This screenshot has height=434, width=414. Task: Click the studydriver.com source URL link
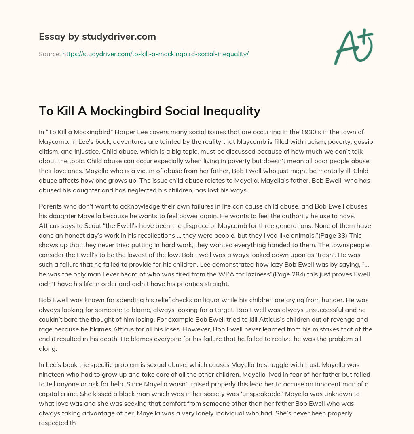pos(155,54)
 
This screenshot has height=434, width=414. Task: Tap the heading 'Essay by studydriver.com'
pos(97,36)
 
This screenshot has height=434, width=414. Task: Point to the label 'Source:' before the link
pos(49,54)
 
